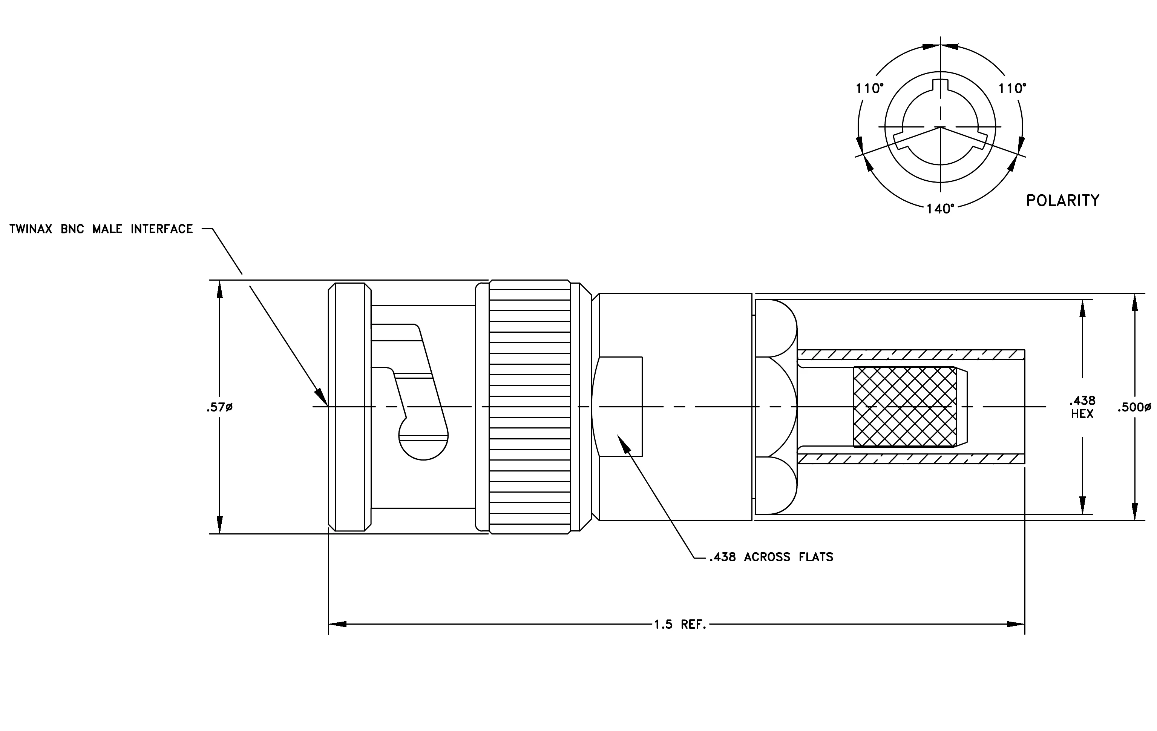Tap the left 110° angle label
[x=870, y=88]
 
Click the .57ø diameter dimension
[x=219, y=407]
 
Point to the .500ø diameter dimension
[x=1134, y=407]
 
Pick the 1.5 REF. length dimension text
[x=680, y=625]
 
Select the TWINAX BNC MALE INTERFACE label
[x=101, y=229]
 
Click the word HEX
[x=1082, y=414]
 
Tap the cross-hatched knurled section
[x=905, y=407]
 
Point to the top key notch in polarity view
[x=940, y=84]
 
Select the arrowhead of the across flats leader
[x=623, y=444]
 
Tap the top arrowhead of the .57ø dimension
[x=219, y=289]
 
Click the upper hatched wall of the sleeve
[x=911, y=355]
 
